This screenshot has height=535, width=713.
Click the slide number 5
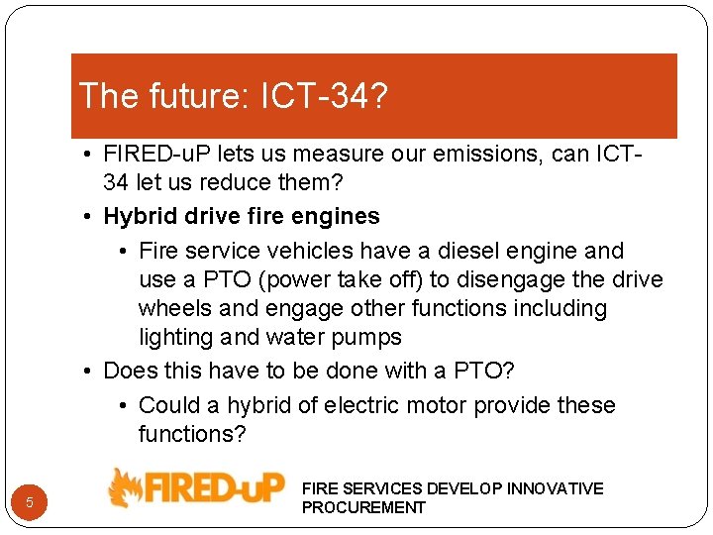pos(30,502)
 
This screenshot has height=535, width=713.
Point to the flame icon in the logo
pos(126,488)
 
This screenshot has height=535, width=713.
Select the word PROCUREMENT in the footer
pos(363,507)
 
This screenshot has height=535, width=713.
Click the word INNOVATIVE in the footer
pos(555,488)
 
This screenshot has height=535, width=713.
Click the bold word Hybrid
pos(138,216)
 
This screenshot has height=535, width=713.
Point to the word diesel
pos(458,251)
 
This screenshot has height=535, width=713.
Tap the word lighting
pos(174,337)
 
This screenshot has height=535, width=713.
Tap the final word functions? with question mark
pos(192,434)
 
